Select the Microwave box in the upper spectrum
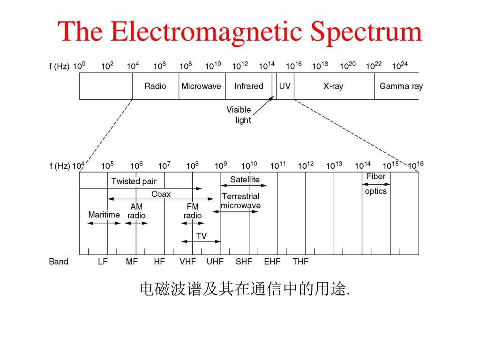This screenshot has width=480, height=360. point(202,86)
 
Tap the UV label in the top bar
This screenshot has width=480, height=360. point(285,86)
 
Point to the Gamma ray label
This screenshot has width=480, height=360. point(401,86)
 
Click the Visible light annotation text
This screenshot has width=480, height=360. point(239,115)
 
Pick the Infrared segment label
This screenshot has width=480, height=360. point(248,86)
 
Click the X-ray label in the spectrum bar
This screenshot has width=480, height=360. point(333,86)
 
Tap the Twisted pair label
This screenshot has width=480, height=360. point(134,181)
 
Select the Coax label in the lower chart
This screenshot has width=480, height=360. point(161,194)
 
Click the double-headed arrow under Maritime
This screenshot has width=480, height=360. point(104,223)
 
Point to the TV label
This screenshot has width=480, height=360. point(202,236)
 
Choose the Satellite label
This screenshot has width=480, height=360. point(245,180)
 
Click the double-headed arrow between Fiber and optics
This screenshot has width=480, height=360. point(376,184)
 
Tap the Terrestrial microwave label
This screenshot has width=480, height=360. point(240,201)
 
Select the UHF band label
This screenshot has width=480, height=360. point(215,262)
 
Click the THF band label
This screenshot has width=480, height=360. point(300,262)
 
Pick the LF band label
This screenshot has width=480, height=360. point(103,262)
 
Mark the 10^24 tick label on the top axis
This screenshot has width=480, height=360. point(400,65)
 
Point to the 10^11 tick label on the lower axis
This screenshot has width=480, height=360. point(278,165)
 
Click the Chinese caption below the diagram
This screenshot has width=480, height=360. point(245,289)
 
